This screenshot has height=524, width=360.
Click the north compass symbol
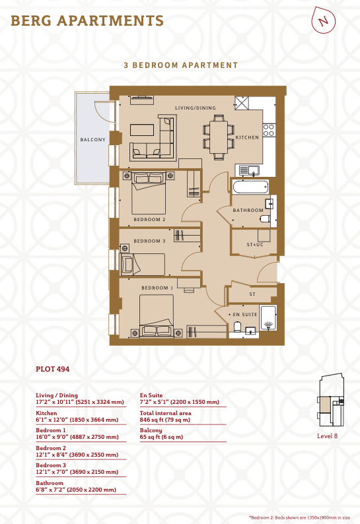tap(323, 20)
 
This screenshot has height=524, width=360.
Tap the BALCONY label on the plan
tap(92, 140)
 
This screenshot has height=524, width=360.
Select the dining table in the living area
tap(219, 137)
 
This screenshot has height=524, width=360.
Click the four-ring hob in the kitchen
tap(269, 130)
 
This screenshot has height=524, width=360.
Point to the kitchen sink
tap(248, 170)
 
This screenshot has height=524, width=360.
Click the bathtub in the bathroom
tap(250, 187)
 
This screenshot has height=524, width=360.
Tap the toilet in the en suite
tap(237, 327)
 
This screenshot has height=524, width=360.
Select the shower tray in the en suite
tap(268, 318)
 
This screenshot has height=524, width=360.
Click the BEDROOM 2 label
tap(149, 220)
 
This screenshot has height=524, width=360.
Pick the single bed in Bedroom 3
tap(143, 265)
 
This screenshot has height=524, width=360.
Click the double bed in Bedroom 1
tap(157, 315)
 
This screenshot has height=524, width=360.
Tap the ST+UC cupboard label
tap(255, 245)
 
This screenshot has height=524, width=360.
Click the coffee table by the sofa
tap(142, 129)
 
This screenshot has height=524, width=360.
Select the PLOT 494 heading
tap(53, 369)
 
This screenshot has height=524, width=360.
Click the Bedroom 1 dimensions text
tap(77, 437)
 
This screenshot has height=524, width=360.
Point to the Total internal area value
tap(165, 420)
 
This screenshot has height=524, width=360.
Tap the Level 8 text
tap(327, 436)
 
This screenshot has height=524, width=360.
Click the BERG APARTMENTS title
tap(87, 20)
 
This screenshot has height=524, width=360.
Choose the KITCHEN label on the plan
tap(247, 137)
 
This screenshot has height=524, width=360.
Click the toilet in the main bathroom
tap(265, 219)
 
